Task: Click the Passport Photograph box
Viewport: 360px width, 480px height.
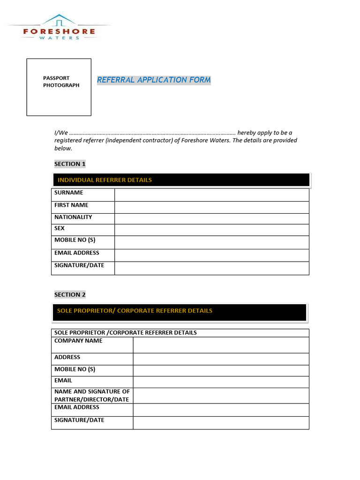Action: pos(59,87)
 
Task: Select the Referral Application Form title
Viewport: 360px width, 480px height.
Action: pos(154,80)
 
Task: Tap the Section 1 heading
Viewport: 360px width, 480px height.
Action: pos(70,164)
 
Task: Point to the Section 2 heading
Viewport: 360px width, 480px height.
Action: pos(70,294)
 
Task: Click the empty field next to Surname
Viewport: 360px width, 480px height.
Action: pos(211,195)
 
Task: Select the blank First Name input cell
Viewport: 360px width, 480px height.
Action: pos(211,207)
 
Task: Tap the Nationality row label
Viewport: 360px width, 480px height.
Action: pos(73,217)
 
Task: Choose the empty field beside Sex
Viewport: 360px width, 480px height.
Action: pos(211,230)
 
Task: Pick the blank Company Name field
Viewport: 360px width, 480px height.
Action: pos(221,345)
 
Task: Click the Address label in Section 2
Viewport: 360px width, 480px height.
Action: pos(67,357)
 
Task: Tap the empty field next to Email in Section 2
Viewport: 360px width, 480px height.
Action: pos(221,382)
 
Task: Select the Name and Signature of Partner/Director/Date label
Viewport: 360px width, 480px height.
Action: pos(92,396)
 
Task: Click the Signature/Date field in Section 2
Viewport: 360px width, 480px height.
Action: pos(221,422)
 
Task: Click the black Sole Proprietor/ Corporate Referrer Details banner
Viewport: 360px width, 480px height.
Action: pos(179,312)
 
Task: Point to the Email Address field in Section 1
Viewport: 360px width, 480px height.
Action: pos(211,255)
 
